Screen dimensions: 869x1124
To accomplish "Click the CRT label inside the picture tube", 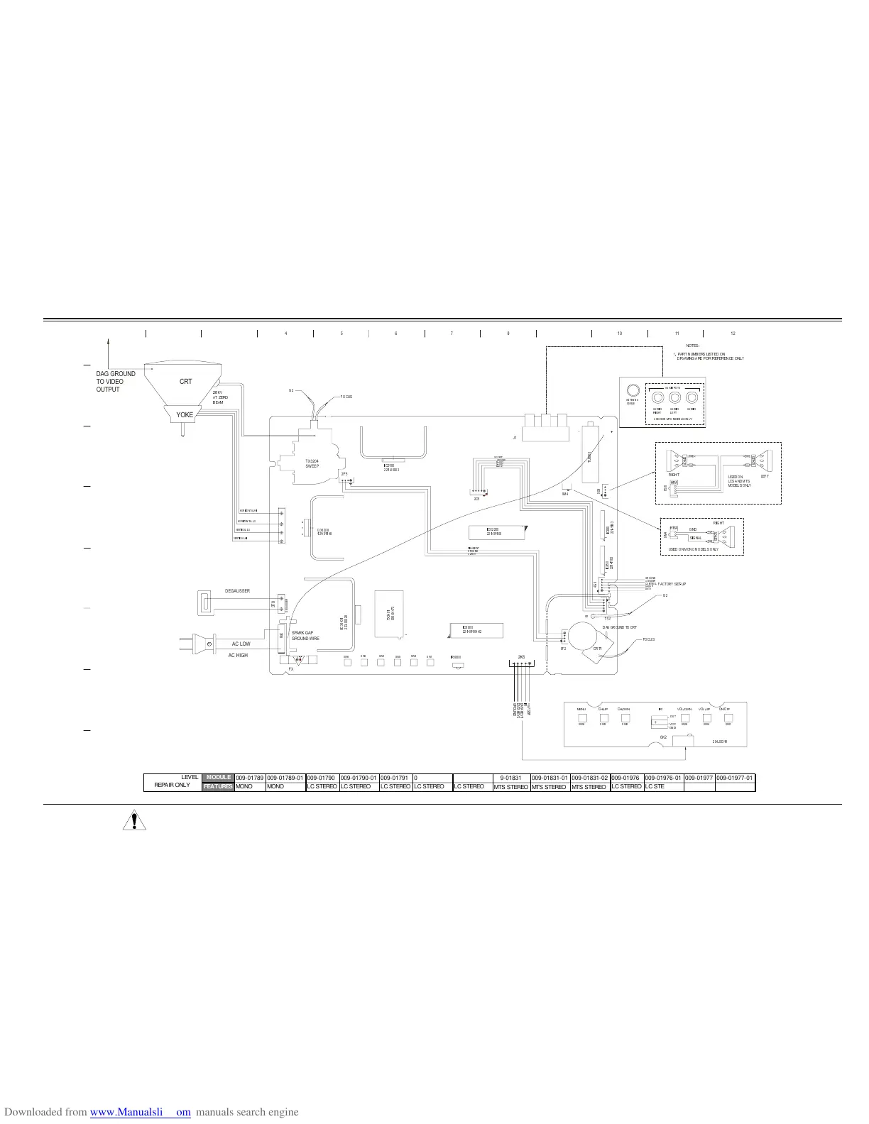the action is pyautogui.click(x=185, y=382).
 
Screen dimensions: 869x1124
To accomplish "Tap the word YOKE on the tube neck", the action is pyautogui.click(x=185, y=415).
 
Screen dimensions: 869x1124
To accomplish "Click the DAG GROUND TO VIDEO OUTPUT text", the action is pyautogui.click(x=116, y=382).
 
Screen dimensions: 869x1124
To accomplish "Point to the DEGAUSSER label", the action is pyautogui.click(x=237, y=591).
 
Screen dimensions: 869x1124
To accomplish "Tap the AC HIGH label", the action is pyautogui.click(x=238, y=656).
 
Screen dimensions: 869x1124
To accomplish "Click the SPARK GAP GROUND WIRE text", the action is pyautogui.click(x=305, y=635).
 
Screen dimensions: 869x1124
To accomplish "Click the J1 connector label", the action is pyautogui.click(x=515, y=439).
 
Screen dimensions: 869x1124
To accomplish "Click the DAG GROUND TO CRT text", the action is pyautogui.click(x=620, y=628).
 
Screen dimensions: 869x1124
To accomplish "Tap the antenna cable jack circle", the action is pyautogui.click(x=633, y=390).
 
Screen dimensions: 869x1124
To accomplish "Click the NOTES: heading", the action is pyautogui.click(x=693, y=346).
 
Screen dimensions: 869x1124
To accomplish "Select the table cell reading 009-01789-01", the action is pyautogui.click(x=285, y=778).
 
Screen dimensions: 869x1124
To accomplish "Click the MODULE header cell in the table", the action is pyautogui.click(x=219, y=778).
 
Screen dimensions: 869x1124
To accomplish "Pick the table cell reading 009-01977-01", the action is pyautogui.click(x=735, y=778).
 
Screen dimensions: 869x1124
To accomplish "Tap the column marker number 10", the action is pyautogui.click(x=619, y=334).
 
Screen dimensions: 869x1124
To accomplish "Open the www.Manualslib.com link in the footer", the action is pyautogui.click(x=141, y=1113).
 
